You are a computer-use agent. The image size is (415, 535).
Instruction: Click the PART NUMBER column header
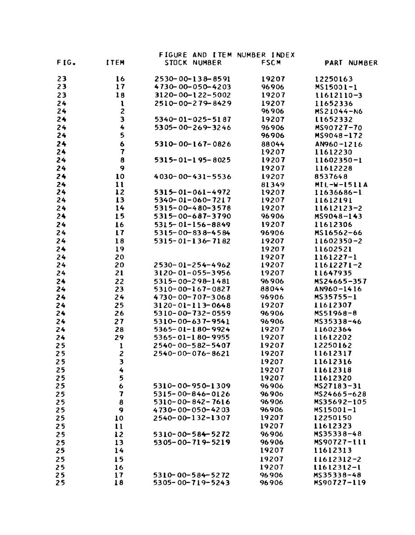coord(351,63)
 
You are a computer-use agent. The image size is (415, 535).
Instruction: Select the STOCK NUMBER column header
coord(193,63)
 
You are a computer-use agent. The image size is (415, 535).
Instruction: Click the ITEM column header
coord(115,63)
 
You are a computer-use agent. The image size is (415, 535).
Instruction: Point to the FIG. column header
coord(66,63)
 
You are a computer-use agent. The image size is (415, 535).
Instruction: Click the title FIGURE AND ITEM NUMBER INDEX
coord(227,55)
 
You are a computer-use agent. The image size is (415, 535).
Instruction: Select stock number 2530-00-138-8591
coord(192,79)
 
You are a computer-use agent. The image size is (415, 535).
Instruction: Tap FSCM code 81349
coord(273,184)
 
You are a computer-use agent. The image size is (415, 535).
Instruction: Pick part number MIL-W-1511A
coord(340,184)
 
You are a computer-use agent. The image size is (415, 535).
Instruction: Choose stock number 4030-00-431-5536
coord(192,176)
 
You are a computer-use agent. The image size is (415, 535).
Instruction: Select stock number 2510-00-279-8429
coord(192,103)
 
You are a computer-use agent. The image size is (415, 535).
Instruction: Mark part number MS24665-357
coord(340,281)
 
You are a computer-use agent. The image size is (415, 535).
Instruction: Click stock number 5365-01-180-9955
coord(192,337)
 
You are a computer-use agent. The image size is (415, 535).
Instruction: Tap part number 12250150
coord(333,417)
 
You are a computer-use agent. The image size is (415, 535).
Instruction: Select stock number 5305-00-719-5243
coord(192,483)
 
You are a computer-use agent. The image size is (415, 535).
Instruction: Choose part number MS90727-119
coord(340,483)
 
